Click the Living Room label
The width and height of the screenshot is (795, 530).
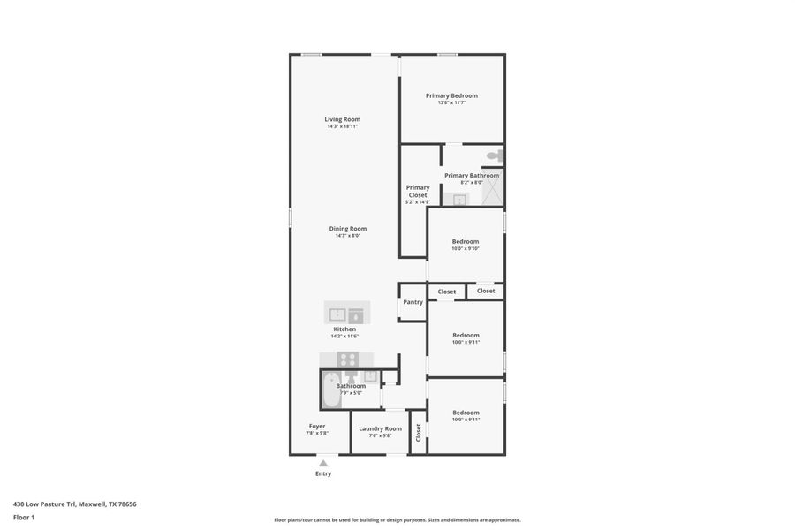(x=342, y=119)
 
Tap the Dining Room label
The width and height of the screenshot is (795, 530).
(x=347, y=229)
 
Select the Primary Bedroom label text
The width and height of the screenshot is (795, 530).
(x=451, y=95)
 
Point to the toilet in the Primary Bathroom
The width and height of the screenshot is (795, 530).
(x=495, y=155)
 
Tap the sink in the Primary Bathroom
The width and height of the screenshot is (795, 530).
(x=459, y=200)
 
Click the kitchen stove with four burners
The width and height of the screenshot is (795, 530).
(x=348, y=360)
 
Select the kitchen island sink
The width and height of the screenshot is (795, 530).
(x=337, y=314)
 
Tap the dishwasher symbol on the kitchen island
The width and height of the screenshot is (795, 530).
(x=356, y=314)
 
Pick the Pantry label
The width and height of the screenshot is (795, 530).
(x=413, y=302)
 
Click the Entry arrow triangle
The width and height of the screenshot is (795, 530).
(x=323, y=463)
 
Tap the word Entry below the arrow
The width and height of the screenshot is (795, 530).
(x=323, y=474)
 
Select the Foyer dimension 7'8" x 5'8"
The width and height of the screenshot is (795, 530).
(x=317, y=433)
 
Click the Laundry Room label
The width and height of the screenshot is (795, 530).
(x=380, y=428)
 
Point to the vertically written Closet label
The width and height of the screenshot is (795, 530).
(x=419, y=432)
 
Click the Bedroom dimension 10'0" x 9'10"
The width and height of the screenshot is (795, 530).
(x=466, y=248)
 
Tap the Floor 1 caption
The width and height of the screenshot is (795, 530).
(x=24, y=517)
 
